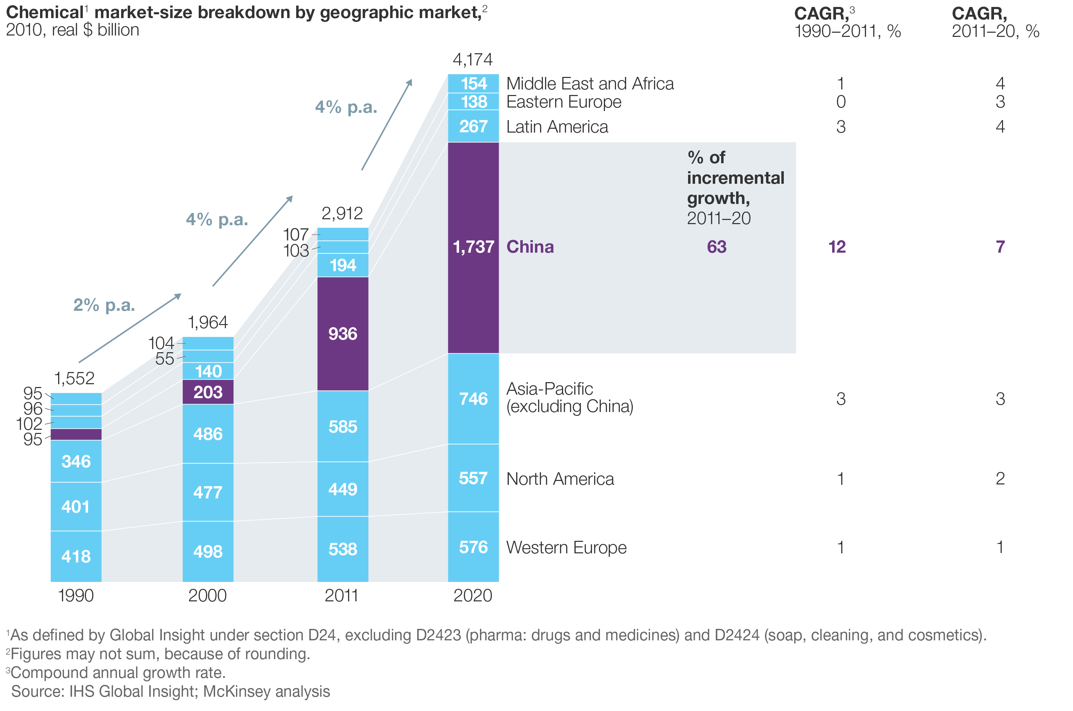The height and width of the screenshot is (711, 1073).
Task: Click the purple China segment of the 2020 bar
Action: [473, 247]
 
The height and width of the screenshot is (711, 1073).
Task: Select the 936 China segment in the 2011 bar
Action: [342, 334]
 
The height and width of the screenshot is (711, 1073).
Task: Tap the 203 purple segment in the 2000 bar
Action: [208, 392]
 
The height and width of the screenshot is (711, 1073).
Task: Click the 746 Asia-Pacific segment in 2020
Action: [473, 398]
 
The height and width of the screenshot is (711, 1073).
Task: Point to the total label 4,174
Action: [473, 60]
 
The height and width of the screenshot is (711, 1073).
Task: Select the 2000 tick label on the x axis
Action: [207, 595]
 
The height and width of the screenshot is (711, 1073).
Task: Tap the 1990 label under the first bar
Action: [76, 595]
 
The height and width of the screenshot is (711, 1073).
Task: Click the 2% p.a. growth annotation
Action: [104, 305]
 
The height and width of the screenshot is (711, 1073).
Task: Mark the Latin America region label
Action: [557, 127]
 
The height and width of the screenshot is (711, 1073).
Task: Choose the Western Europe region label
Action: [566, 547]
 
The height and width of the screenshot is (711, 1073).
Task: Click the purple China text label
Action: [530, 247]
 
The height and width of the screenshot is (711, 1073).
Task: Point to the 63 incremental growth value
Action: [717, 247]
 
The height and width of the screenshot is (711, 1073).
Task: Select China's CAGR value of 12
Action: [837, 247]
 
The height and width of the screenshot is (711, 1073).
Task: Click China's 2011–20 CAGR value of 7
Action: [1000, 247]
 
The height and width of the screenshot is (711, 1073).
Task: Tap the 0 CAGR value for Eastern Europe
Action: [841, 102]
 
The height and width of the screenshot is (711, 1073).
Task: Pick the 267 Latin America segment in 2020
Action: [473, 126]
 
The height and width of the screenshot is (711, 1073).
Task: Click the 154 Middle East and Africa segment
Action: [473, 84]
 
